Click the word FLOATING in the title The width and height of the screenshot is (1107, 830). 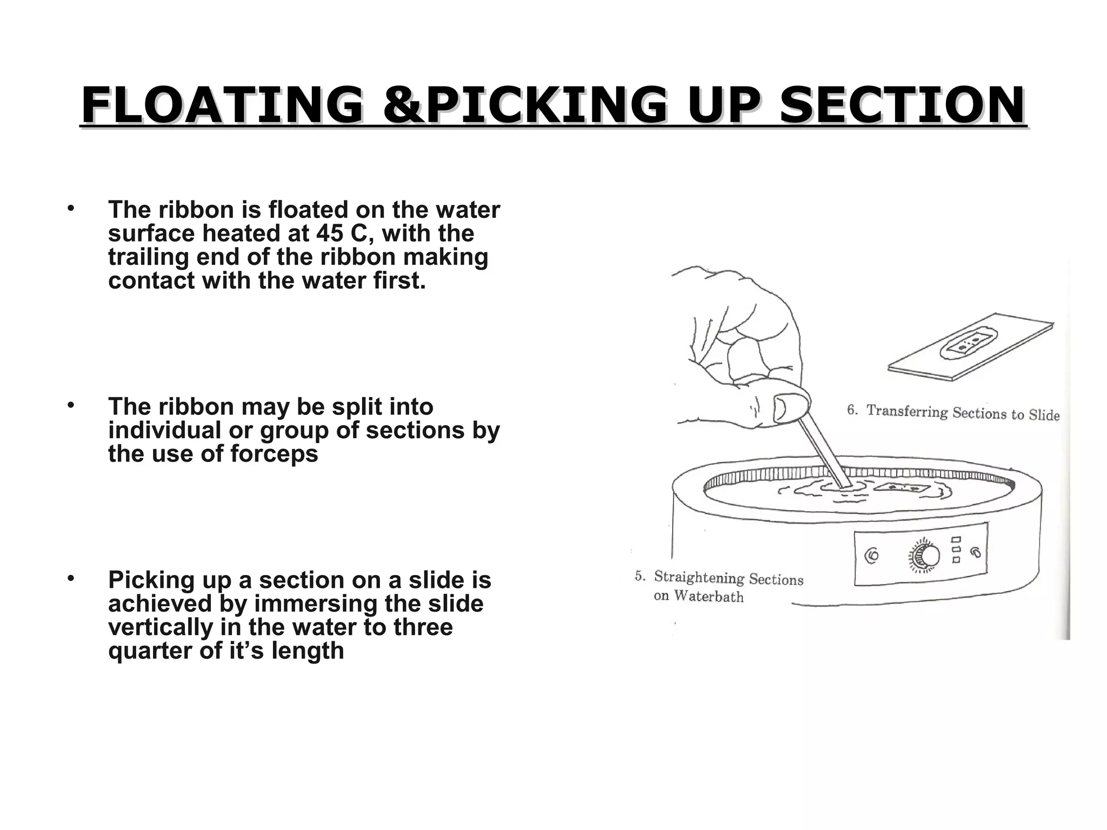pyautogui.click(x=222, y=105)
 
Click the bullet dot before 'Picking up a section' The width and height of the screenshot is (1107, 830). pyautogui.click(x=70, y=579)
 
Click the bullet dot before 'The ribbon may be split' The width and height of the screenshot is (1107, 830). pyautogui.click(x=70, y=405)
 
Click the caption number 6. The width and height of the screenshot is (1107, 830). pyautogui.click(x=852, y=410)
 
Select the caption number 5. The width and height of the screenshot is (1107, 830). pyautogui.click(x=639, y=576)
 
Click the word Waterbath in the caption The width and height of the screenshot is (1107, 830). pyautogui.click(x=709, y=597)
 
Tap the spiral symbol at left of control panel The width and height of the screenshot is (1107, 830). pyautogui.click(x=872, y=556)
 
